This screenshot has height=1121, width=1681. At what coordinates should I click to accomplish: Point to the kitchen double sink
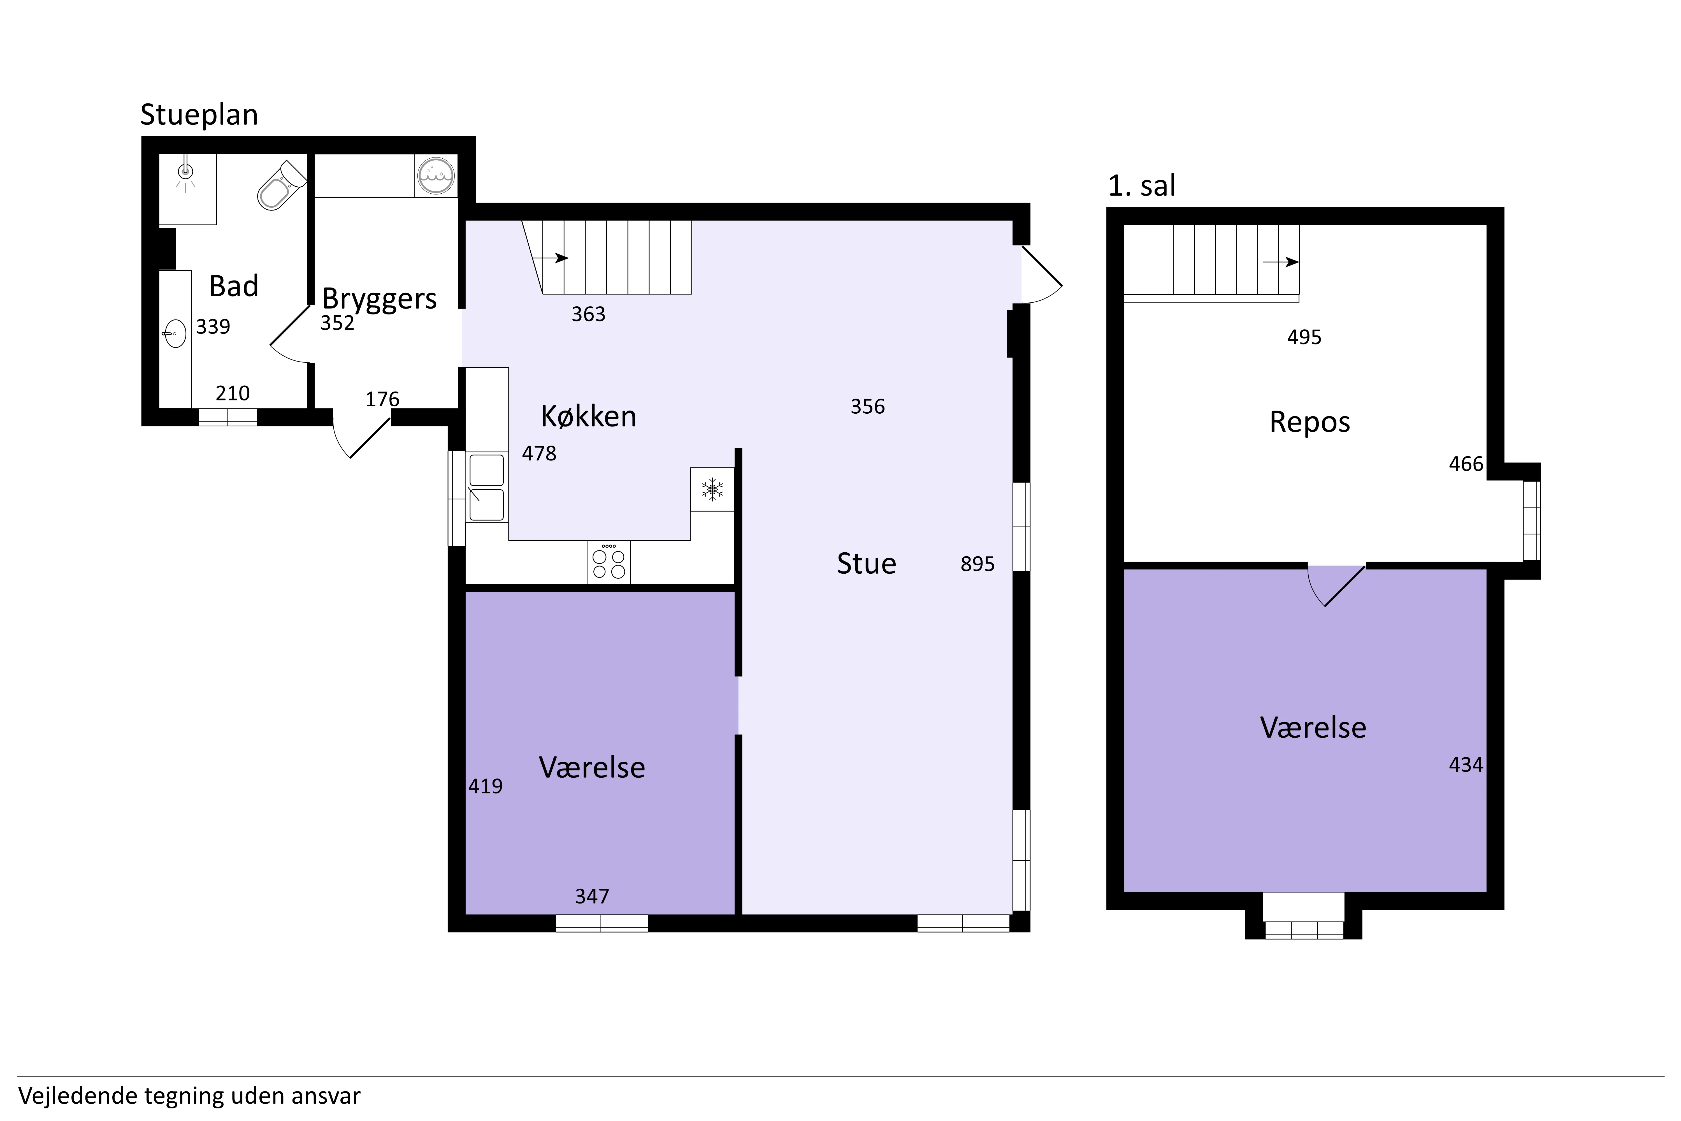[486, 487]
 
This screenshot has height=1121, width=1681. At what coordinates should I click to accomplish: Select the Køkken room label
[588, 416]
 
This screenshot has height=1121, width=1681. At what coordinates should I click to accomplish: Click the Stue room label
[866, 563]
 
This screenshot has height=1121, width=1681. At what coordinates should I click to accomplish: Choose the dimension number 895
[977, 564]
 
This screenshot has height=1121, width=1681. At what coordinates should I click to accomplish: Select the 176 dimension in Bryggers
[382, 399]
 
